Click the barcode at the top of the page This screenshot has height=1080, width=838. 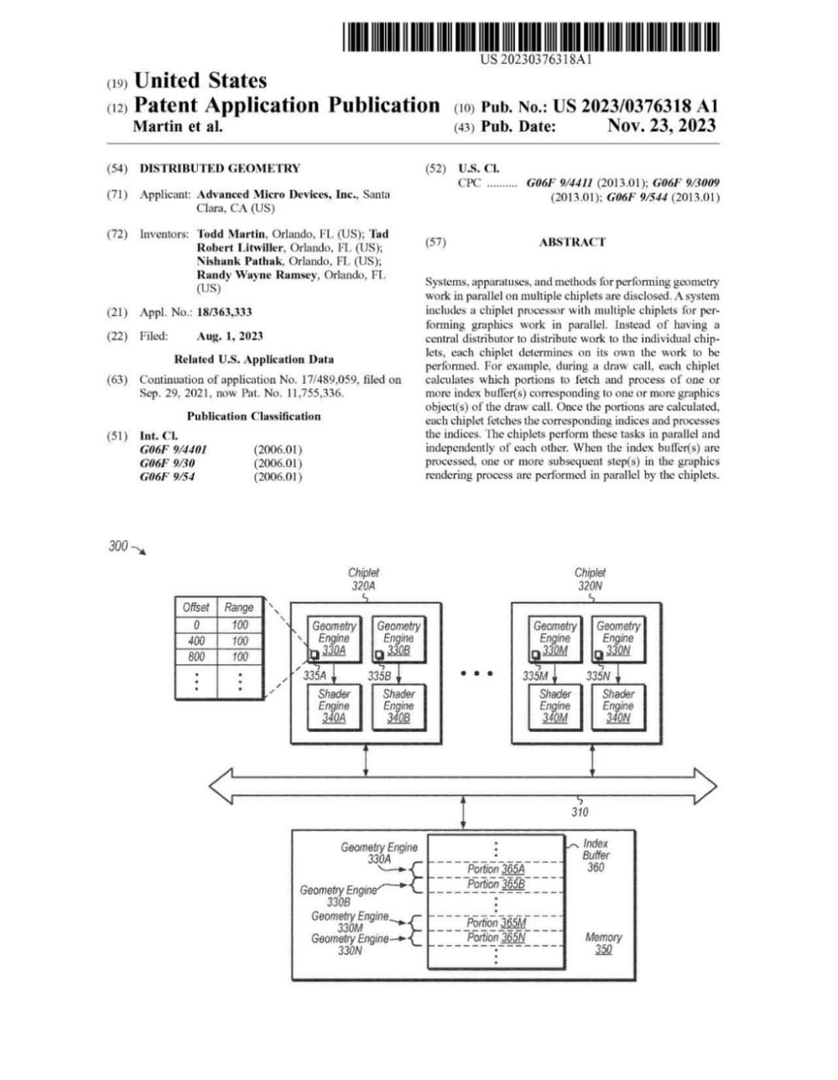tap(530, 36)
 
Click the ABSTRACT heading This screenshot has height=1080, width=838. tap(572, 242)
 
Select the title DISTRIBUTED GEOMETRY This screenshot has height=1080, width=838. tap(220, 168)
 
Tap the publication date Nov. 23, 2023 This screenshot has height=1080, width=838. tap(661, 126)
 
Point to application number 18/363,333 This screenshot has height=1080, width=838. tap(224, 312)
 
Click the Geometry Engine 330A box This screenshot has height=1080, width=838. tap(334, 639)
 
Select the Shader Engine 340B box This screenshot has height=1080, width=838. tap(398, 706)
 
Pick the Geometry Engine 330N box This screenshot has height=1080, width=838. tap(618, 639)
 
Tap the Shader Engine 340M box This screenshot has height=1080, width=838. tap(554, 706)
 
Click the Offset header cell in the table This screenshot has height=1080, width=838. tap(196, 607)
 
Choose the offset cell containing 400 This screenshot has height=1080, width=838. tap(196, 641)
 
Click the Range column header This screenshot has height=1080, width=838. tap(239, 607)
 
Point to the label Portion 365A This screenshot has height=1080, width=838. tap(496, 869)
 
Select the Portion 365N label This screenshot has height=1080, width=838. tap(496, 937)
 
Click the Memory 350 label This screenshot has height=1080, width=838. tap(603, 943)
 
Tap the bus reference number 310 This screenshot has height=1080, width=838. tap(580, 812)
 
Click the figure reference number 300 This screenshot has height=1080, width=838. tap(118, 546)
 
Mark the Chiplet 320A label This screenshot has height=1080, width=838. tap(363, 579)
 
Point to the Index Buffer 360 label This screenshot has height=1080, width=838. tap(595, 855)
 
